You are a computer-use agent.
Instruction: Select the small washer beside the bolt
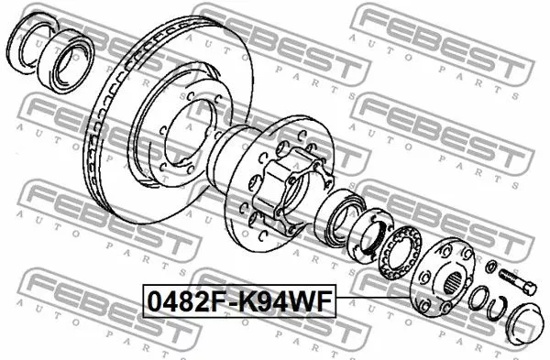[494, 267]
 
